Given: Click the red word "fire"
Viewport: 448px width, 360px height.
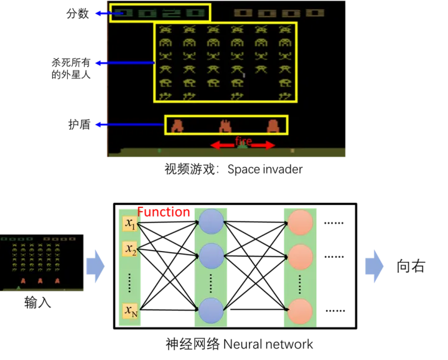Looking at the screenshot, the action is pos(243,141).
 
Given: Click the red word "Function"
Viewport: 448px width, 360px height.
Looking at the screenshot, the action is pos(163,212).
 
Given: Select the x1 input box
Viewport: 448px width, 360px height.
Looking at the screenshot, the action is pos(130,224).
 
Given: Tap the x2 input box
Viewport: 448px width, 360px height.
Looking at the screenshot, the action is pos(130,250).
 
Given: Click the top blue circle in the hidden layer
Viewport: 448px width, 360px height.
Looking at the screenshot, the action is pos(211,222).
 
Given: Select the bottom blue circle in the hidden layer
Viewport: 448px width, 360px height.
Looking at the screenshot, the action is pos(211,310).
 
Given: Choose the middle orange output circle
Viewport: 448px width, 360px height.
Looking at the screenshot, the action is pos(301,257).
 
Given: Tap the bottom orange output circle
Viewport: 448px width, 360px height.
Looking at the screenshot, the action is pos(301,311).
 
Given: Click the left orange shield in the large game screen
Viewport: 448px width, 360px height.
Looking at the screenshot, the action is pos(177,126).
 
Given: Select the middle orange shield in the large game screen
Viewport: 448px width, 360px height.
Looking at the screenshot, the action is pos(225,126).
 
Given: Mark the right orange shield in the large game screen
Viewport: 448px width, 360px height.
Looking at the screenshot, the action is pos(273,126).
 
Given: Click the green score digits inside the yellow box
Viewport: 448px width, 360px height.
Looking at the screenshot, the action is pos(161,12).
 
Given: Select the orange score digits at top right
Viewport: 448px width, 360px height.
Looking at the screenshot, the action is pos(279,13).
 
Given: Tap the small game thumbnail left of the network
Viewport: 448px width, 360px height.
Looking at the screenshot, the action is pos(41,263).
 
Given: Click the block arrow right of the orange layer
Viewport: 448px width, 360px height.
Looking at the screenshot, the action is pos(375,267).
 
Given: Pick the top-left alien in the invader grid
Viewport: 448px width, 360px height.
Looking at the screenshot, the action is pos(165,29).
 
